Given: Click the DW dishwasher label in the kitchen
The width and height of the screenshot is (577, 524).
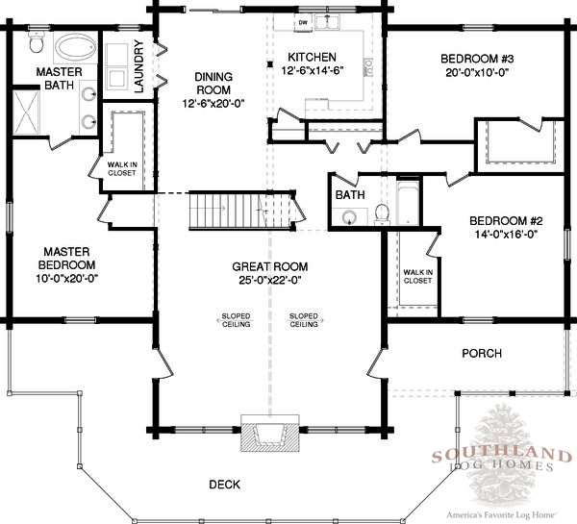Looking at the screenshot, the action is tap(303, 23).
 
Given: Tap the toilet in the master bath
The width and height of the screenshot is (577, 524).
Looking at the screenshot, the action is tap(37, 42).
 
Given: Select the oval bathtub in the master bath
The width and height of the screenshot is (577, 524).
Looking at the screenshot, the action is tap(75, 47).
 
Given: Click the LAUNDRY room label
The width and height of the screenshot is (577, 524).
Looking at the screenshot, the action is tap(138, 66).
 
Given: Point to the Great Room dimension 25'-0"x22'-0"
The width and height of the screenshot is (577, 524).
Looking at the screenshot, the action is tap(270, 281).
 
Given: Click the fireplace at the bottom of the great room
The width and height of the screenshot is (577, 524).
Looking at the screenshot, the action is tap(269, 433).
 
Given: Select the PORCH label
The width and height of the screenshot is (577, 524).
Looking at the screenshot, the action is tap(482, 353).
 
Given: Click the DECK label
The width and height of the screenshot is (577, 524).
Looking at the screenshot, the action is tap(224, 485).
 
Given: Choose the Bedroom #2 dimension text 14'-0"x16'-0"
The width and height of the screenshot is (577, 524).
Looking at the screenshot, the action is tap(506, 234).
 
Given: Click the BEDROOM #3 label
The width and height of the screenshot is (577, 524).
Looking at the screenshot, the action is tap(477, 59).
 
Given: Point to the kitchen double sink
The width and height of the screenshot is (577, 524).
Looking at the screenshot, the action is tap(327, 22).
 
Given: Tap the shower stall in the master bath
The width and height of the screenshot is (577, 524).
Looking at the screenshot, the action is tap(26, 112).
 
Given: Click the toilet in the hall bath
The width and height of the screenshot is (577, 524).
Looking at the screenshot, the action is tap(382, 214).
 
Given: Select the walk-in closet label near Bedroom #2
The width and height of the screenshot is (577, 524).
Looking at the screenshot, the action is tap(417, 276).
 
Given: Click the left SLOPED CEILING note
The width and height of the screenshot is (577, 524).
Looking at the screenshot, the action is tap(236, 320).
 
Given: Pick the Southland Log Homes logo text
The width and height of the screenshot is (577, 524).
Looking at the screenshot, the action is tap(502, 460).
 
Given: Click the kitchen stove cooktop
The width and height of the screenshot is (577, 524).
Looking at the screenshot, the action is tap(368, 67).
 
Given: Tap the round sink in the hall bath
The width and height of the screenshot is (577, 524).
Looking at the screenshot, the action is tap(349, 217).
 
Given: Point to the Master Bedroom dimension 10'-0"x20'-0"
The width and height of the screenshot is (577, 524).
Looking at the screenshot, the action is tap(67, 279).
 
